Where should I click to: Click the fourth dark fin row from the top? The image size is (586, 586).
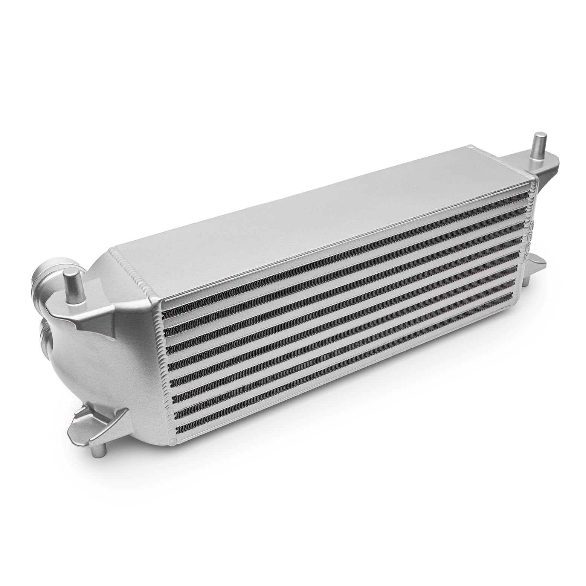pyautogui.click(x=339, y=301)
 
